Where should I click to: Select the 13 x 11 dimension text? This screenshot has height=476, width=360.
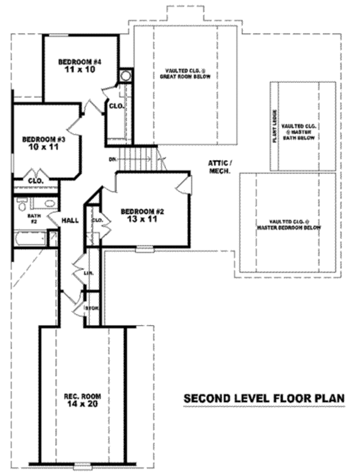(142, 220)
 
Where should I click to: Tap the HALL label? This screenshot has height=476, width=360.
(70, 221)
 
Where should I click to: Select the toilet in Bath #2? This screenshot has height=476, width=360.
(21, 205)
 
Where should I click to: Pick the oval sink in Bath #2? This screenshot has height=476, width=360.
(43, 203)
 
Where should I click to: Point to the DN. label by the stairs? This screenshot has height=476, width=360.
(112, 160)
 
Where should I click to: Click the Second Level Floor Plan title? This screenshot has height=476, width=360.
(263, 399)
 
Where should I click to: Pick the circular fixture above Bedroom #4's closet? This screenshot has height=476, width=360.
(125, 76)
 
